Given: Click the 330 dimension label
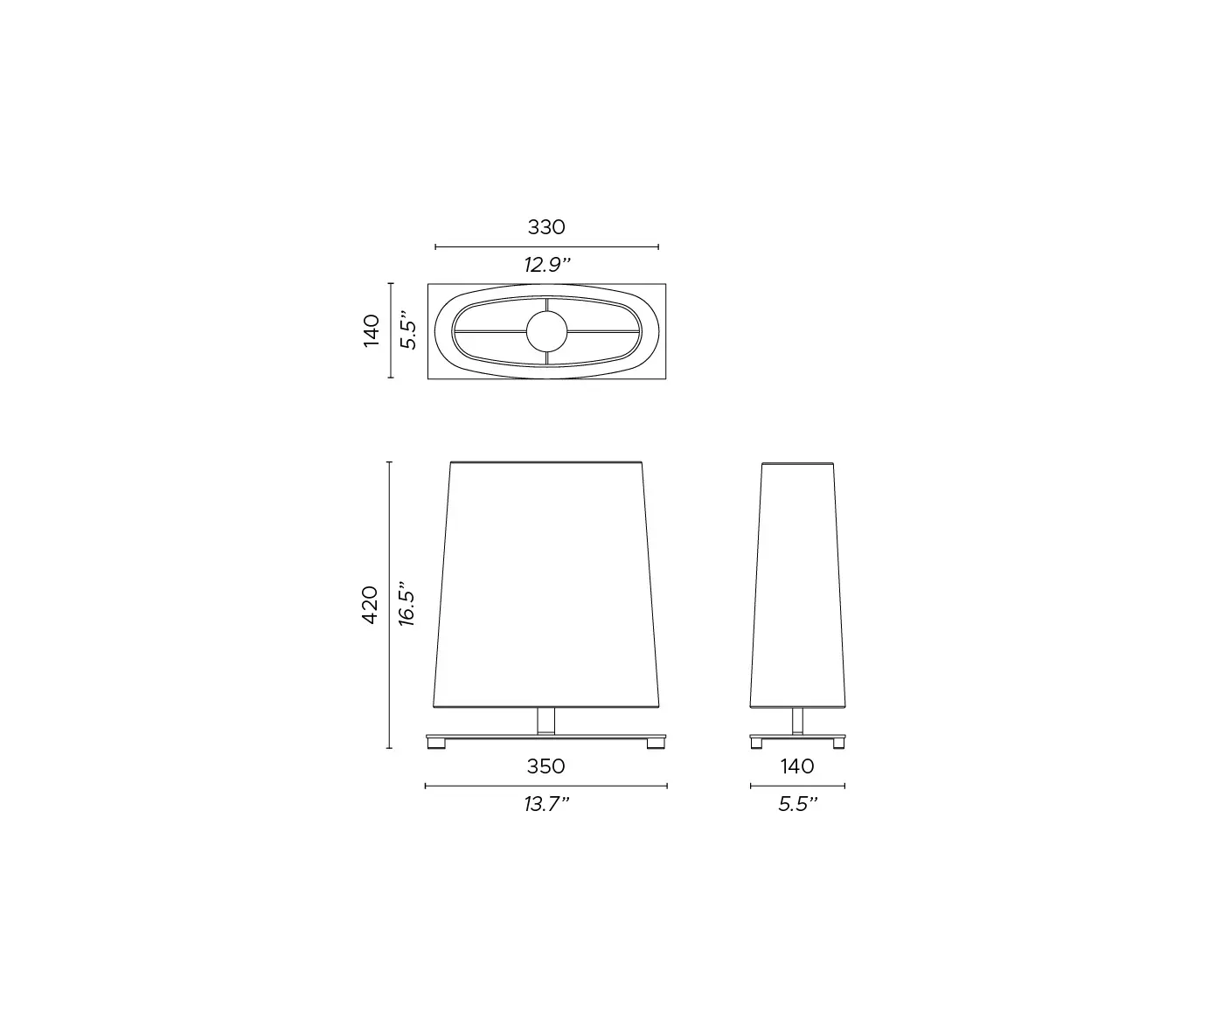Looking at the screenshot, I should [x=546, y=227].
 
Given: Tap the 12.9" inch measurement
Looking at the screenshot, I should [x=546, y=265].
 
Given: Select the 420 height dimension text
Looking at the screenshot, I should [x=370, y=605].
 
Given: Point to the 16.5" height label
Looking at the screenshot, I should [x=406, y=605].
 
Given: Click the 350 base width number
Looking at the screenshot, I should [x=545, y=766].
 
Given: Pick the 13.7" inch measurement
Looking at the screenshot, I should [x=546, y=805].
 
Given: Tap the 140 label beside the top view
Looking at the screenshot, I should [x=372, y=331].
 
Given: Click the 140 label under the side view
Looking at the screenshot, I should [x=797, y=766].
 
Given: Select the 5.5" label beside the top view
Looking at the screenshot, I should [x=408, y=331].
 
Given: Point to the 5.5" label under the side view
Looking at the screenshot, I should [x=797, y=805].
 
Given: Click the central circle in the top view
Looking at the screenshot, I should [x=546, y=332].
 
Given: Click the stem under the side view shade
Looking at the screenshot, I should [x=797, y=720].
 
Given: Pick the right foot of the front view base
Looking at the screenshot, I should [x=655, y=745].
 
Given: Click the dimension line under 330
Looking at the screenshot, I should [x=546, y=247].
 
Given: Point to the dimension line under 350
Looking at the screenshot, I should [x=546, y=786].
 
